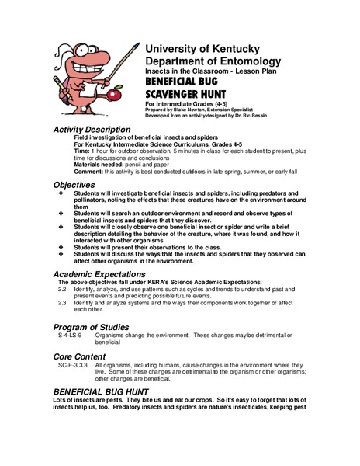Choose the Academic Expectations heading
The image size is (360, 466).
[106, 274]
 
